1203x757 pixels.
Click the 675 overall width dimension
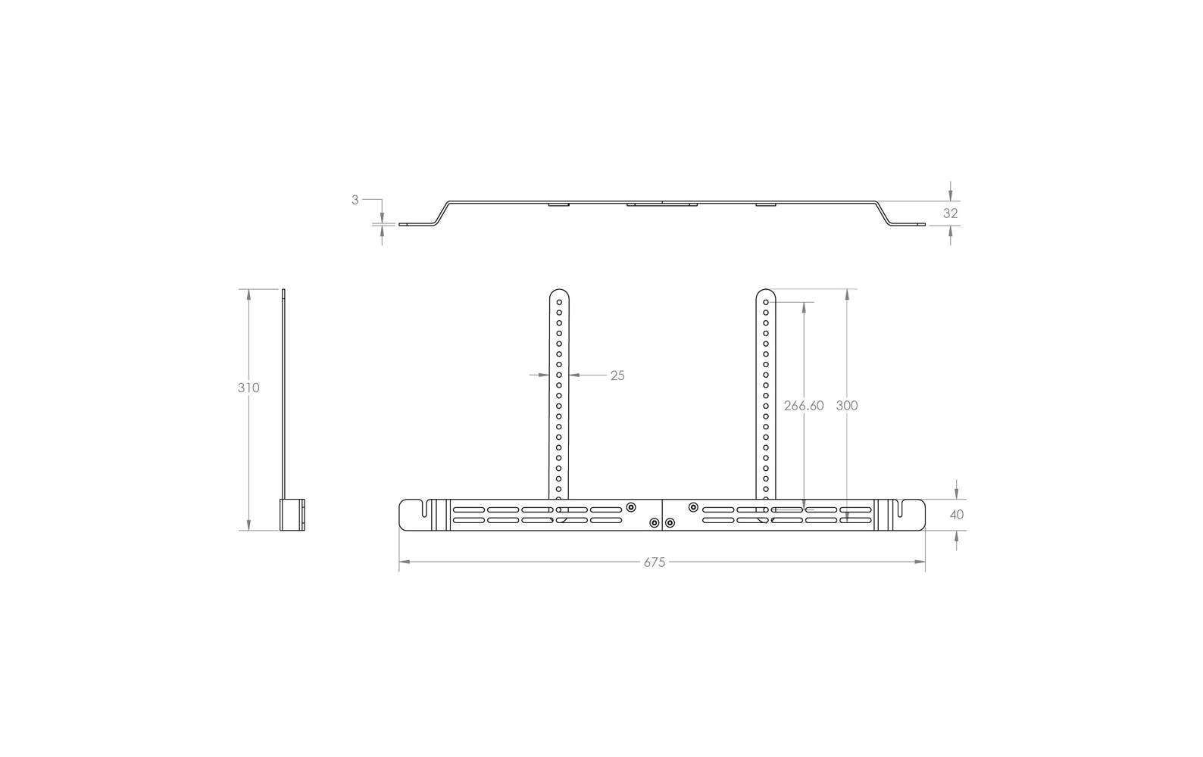point(654,562)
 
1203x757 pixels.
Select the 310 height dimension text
point(248,388)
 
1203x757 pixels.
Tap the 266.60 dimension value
point(804,406)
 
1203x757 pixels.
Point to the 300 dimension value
point(847,406)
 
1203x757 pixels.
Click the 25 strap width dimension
point(617,375)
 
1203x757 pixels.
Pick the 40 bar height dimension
point(957,515)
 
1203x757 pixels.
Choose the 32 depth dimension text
point(951,213)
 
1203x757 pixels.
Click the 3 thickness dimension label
point(355,200)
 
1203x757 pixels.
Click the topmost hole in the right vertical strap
point(766,303)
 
